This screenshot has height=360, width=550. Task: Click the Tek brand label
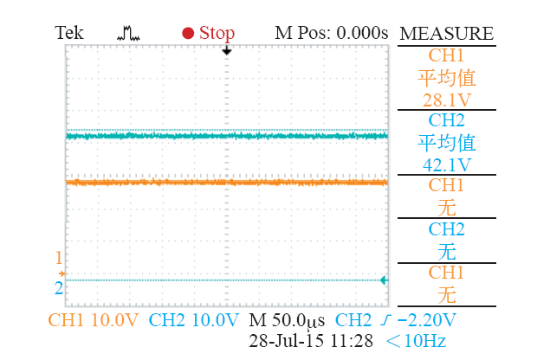pyautogui.click(x=70, y=33)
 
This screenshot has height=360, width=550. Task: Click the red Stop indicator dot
pyautogui.click(x=187, y=34)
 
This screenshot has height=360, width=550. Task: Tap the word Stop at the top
pyautogui.click(x=217, y=33)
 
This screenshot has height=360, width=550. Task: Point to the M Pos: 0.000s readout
pyautogui.click(x=331, y=33)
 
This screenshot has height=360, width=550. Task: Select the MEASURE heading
pyautogui.click(x=446, y=34)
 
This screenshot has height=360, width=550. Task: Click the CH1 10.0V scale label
pyautogui.click(x=94, y=319)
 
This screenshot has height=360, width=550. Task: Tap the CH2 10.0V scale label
pyautogui.click(x=193, y=319)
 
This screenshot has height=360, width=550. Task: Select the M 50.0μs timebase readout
pyautogui.click(x=287, y=319)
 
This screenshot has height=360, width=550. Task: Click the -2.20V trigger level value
pyautogui.click(x=422, y=319)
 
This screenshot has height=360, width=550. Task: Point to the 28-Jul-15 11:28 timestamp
pyautogui.click(x=311, y=340)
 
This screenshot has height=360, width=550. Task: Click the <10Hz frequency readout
pyautogui.click(x=417, y=340)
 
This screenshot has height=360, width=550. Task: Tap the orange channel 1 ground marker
pyautogui.click(x=61, y=273)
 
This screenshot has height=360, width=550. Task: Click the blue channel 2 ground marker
pyautogui.click(x=59, y=286)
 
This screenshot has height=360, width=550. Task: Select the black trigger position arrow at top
pyautogui.click(x=227, y=52)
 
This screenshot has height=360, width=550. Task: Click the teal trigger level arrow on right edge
pyautogui.click(x=385, y=280)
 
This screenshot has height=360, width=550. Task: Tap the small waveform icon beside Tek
pyautogui.click(x=128, y=34)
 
